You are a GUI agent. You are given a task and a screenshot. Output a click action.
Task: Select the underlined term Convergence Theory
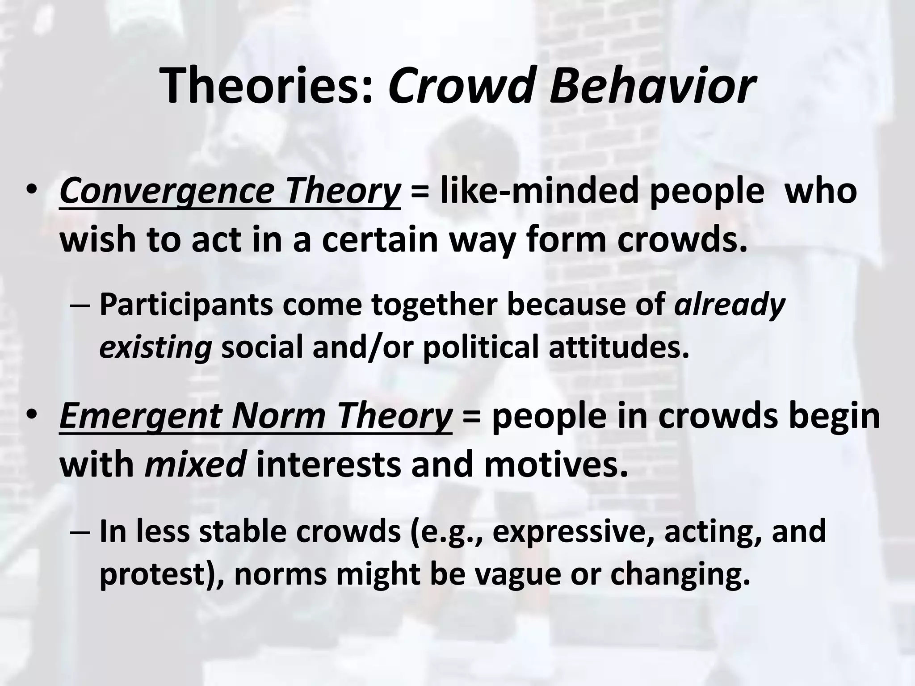pos(230,191)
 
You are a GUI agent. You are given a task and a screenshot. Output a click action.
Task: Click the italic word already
pos(729,305)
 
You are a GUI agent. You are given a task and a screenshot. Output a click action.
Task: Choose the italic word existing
pos(155,347)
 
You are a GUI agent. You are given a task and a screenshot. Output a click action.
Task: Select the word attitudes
pos(619,347)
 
